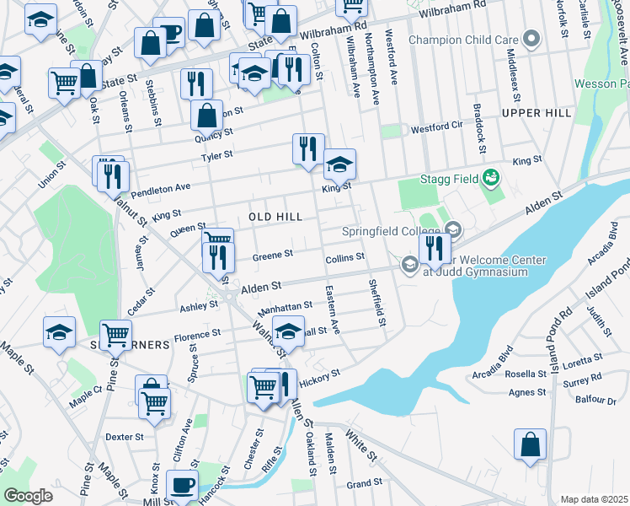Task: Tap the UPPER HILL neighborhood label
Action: tap(536, 112)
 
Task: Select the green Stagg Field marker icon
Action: tap(489, 178)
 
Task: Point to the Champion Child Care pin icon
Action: tap(531, 39)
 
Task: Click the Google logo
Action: tap(28, 496)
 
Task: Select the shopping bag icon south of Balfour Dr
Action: tap(530, 444)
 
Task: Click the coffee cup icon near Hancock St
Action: tap(182, 487)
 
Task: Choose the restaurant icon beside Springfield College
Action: tap(434, 248)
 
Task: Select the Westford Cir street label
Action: tap(437, 129)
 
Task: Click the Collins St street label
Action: tap(345, 256)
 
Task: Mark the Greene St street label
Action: tap(273, 255)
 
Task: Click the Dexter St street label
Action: tap(126, 437)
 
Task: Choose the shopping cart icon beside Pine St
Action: tap(115, 335)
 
